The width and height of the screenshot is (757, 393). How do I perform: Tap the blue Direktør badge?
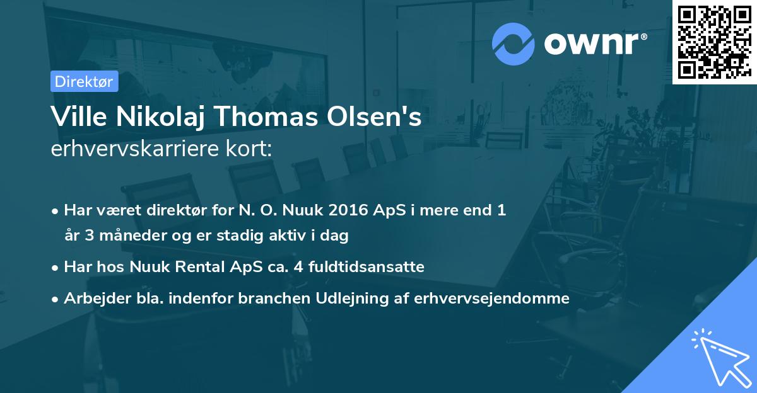pyautogui.click(x=85, y=81)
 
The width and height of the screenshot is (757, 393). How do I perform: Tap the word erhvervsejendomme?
pyautogui.click(x=492, y=299)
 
